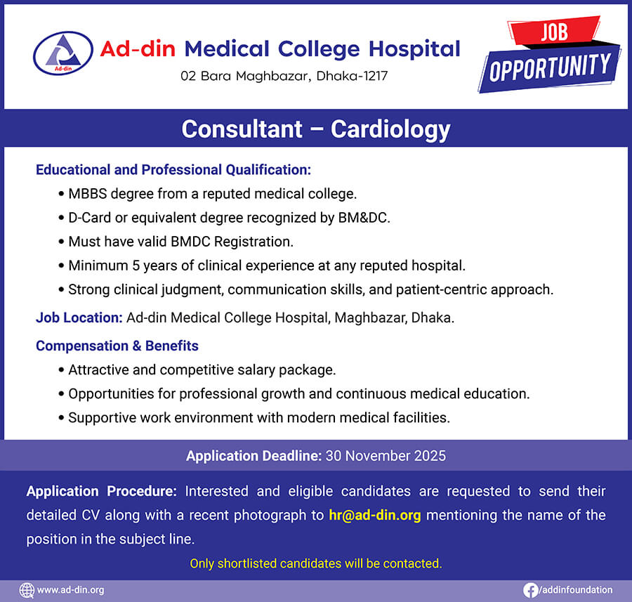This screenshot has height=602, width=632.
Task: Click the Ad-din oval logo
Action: point(63,53)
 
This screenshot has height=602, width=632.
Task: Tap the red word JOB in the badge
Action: point(554,32)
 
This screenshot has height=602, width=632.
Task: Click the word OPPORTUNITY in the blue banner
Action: point(550,67)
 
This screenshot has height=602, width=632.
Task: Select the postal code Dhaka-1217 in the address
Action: point(352,76)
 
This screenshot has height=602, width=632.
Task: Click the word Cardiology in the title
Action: point(390,129)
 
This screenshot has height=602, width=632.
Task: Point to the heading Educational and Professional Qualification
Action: point(173,170)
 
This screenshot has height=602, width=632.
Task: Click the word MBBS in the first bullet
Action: point(88,194)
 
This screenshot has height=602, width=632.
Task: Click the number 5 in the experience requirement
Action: point(136,266)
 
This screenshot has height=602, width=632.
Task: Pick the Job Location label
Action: point(79,318)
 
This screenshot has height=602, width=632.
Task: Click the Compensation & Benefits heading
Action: point(117,346)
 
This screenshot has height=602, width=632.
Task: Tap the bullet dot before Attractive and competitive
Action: point(61,370)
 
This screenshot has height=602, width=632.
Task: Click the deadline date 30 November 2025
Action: point(386,456)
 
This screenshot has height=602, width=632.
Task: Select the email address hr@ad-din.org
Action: point(375,516)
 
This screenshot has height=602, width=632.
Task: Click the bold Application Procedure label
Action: point(102,492)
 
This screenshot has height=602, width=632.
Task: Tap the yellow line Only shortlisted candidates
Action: point(316,563)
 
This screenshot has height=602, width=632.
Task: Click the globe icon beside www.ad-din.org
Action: point(27,590)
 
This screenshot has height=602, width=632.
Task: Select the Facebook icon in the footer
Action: point(530,590)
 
